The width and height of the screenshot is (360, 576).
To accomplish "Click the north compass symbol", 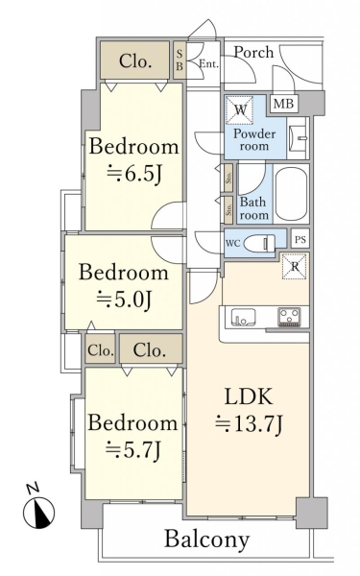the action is click(x=38, y=513).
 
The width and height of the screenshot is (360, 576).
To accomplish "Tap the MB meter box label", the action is click(x=283, y=104).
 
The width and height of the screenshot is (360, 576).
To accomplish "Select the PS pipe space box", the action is click(x=300, y=240).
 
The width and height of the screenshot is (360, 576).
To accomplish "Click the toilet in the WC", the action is click(x=260, y=243).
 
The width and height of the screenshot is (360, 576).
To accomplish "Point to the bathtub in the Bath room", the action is click(x=291, y=194).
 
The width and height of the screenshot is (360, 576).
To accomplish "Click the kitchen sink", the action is click(x=243, y=317).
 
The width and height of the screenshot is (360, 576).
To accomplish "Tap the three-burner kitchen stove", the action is click(x=290, y=317).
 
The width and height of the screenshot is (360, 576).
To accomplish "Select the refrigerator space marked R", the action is click(x=295, y=266).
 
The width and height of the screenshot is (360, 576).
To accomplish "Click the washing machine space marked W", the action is click(x=239, y=109).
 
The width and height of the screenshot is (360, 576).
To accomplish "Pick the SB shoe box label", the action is click(x=180, y=60).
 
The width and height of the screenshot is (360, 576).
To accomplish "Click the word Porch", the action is click(x=253, y=52).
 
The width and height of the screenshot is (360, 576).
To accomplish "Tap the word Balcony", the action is click(x=206, y=540).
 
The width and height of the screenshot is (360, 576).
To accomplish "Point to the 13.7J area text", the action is click(x=249, y=422).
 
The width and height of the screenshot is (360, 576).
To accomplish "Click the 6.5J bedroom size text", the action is click(x=134, y=174).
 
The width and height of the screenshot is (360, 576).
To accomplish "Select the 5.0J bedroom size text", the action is click(x=124, y=300).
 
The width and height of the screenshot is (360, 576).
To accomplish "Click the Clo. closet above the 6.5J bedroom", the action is click(x=135, y=60).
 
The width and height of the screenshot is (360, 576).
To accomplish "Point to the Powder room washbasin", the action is click(x=298, y=137).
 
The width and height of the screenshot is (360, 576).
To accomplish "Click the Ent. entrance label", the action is click(x=208, y=64).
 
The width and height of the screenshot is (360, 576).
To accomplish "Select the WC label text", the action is click(x=233, y=243).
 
